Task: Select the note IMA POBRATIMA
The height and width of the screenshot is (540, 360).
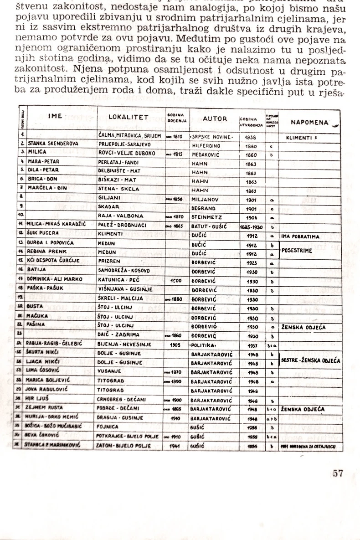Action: click(303, 237)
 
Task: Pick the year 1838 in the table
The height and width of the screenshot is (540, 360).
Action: click(251, 137)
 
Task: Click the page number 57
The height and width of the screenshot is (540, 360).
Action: click(338, 473)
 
